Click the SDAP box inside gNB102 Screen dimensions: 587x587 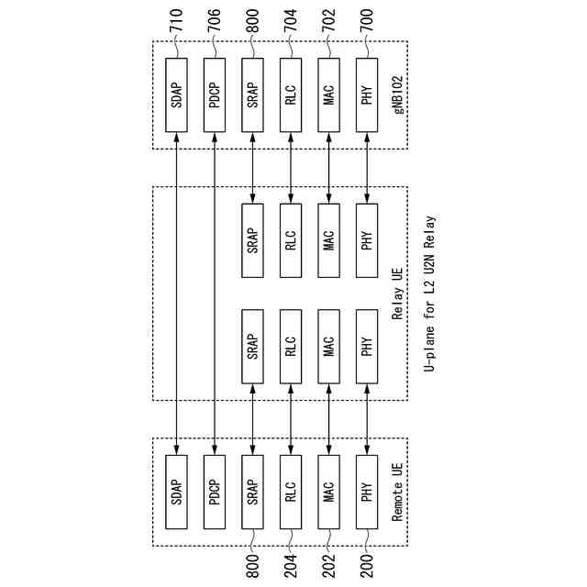coord(176,94)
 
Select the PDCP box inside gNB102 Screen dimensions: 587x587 coord(214,94)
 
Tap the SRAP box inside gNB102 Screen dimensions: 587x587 coord(252,94)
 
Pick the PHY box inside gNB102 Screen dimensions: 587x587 coord(366,94)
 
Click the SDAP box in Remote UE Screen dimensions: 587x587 coord(176,491)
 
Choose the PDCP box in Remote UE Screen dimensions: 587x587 coord(214,491)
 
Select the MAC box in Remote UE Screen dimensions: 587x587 coord(328,491)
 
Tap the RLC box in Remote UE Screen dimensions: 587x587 coord(290,491)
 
